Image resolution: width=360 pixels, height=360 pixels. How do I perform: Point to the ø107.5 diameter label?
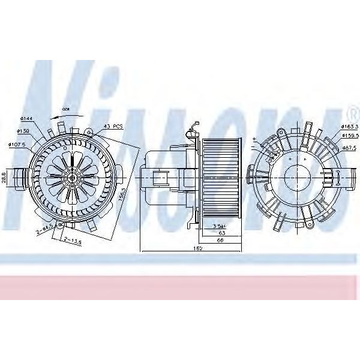pyautogui.click(x=16, y=144)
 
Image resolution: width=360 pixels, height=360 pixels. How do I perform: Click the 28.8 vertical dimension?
pyautogui.click(x=4, y=178)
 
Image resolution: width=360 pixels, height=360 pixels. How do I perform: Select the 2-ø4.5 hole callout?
pyautogui.click(x=44, y=227)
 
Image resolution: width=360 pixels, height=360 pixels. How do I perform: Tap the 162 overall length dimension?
pyautogui.click(x=197, y=248)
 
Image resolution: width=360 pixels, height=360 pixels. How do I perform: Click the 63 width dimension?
pyautogui.click(x=221, y=232)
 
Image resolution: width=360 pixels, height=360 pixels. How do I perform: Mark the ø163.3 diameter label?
pyautogui.click(x=349, y=127)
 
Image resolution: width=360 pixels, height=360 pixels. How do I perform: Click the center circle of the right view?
pyautogui.click(x=296, y=178)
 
